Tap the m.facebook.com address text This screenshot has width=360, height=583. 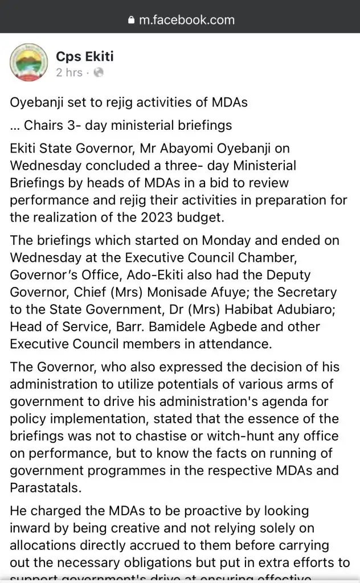pyautogui.click(x=187, y=20)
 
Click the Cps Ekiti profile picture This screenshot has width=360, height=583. pyautogui.click(x=28, y=63)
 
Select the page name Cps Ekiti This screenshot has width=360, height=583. pyautogui.click(x=85, y=56)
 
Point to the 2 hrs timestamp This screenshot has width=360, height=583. pyautogui.click(x=69, y=73)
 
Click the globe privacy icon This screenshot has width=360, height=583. pyautogui.click(x=99, y=73)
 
